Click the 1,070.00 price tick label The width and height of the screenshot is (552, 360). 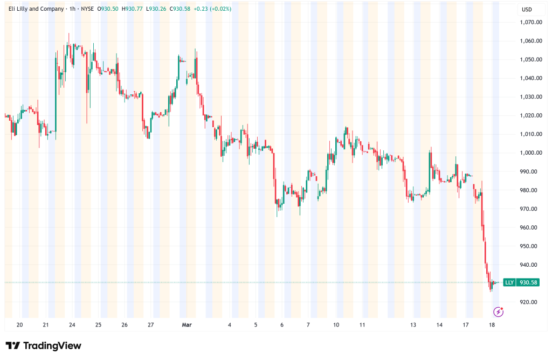coord(531,22)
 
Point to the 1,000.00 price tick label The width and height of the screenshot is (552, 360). coord(531,153)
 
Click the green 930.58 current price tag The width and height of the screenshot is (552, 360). coord(527,282)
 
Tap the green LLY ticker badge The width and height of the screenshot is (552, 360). coord(509,282)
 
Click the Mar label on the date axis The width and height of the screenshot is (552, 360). coord(187,325)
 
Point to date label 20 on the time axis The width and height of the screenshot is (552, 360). coord(19,325)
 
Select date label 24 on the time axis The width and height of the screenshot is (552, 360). coord(72,325)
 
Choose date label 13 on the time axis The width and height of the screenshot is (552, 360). coord(413,325)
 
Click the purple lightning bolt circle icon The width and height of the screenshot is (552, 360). coord(499,311)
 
